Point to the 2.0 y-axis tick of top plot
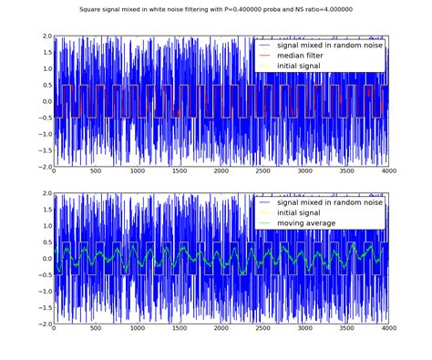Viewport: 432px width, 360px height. click(x=45, y=36)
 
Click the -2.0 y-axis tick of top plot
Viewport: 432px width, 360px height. click(x=43, y=167)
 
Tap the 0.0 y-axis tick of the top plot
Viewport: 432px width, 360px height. click(x=45, y=102)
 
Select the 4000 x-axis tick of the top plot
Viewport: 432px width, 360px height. click(x=388, y=172)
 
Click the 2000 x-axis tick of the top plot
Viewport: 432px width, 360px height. click(x=221, y=172)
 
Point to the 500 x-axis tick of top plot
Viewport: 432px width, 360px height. click(x=96, y=172)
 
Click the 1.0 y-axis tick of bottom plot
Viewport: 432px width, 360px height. click(x=45, y=226)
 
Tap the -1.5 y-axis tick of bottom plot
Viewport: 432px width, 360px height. click(x=43, y=307)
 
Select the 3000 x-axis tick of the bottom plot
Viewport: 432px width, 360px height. click(x=304, y=330)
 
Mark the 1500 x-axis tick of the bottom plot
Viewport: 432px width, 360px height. click(x=180, y=330)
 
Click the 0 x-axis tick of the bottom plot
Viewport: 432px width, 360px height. click(x=55, y=330)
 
